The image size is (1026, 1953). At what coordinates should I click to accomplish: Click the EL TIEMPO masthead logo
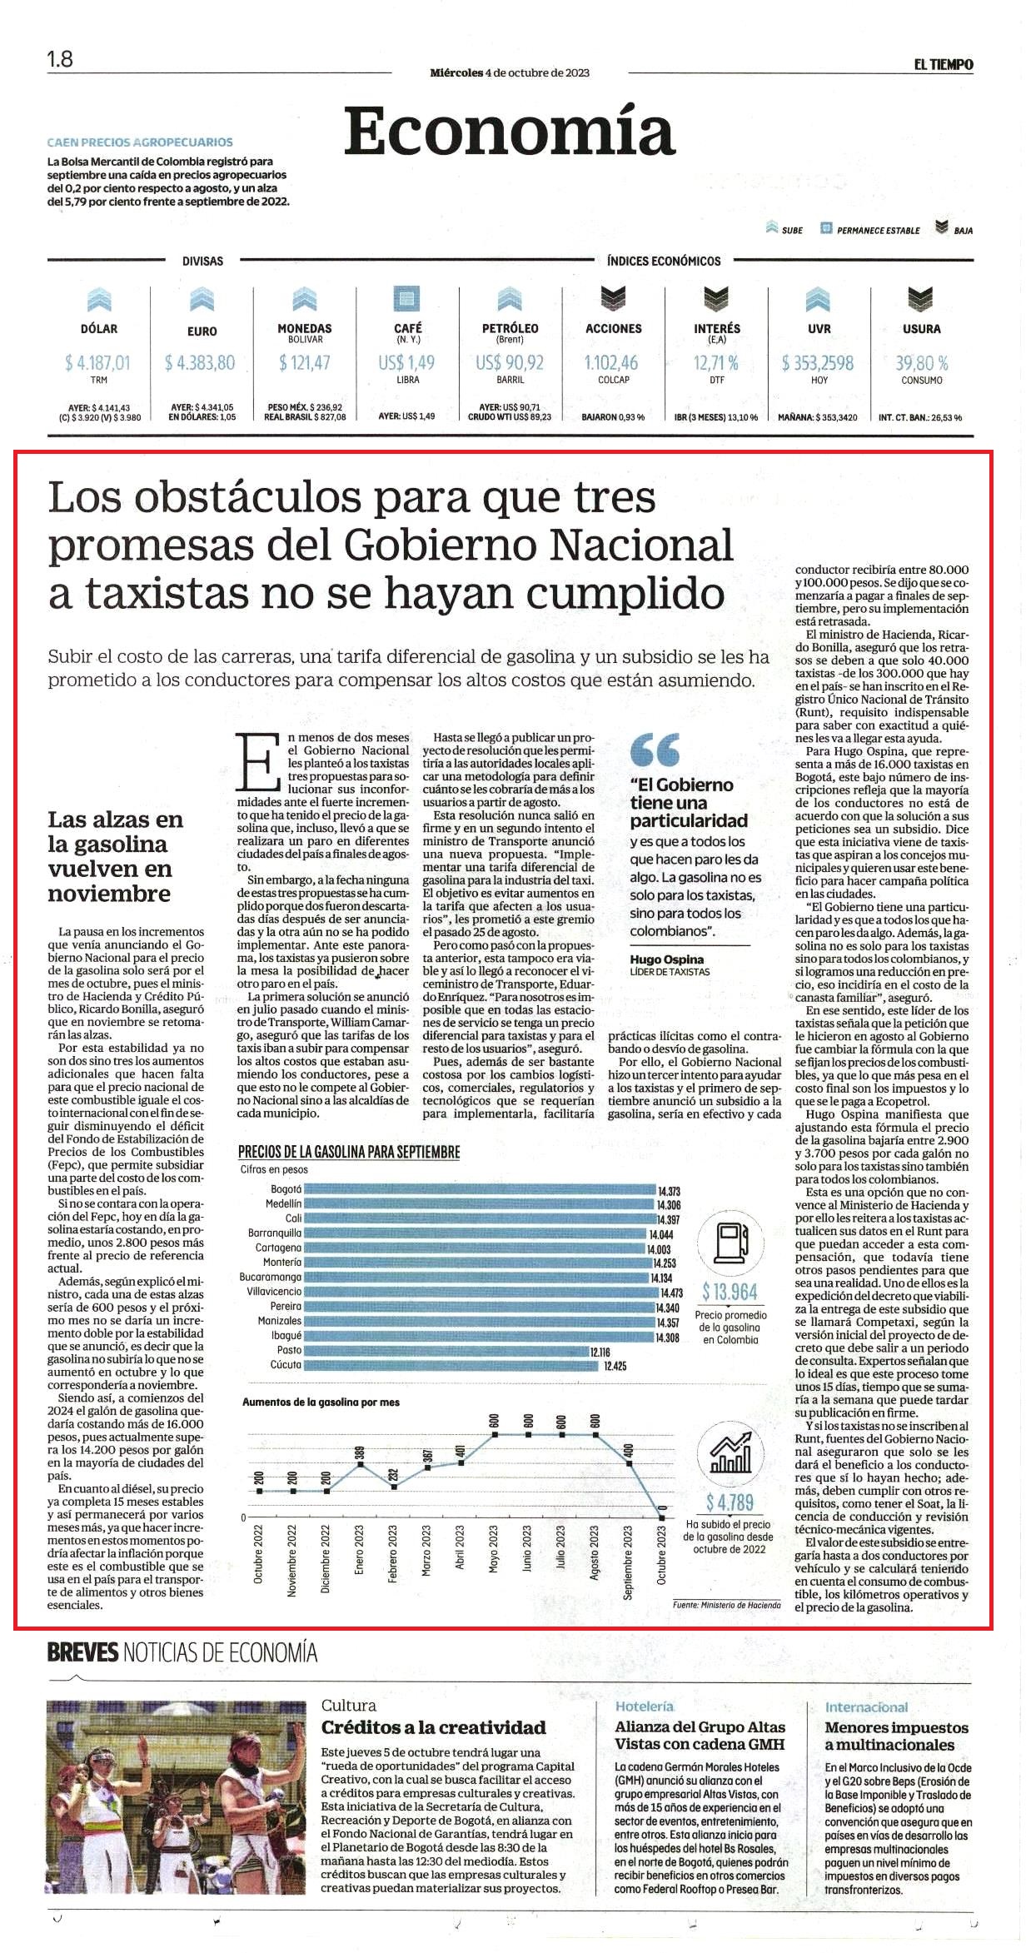tap(943, 64)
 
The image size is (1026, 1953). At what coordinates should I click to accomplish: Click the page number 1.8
tap(60, 59)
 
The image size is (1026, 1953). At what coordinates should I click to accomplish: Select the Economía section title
tap(509, 131)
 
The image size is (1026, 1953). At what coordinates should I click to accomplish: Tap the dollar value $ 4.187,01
tap(97, 363)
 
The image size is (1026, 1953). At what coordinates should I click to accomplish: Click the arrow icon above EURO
tap(202, 299)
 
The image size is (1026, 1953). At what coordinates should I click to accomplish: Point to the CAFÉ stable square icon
tap(407, 298)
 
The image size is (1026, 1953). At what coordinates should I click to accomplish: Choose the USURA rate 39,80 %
tap(922, 363)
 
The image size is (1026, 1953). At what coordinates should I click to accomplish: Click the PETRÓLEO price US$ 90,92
tap(510, 363)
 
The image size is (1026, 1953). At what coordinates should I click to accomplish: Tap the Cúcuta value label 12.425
tap(615, 1366)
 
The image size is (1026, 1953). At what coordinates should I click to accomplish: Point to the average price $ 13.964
tap(730, 1292)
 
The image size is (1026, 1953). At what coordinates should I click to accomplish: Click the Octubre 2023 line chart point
tap(662, 1517)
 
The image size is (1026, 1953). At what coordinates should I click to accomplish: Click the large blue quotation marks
tap(655, 750)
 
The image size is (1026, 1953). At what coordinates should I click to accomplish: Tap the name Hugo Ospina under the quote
tap(666, 959)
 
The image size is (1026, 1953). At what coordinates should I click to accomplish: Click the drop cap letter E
tap(259, 762)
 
